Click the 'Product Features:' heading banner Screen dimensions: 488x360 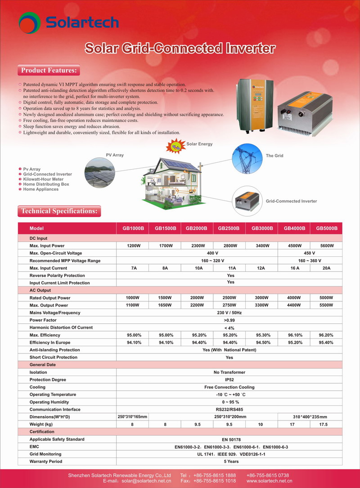(49, 71)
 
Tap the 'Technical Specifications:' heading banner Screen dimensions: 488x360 (59, 211)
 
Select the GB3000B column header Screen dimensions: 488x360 (262, 228)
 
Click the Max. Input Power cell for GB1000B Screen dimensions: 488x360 (132, 246)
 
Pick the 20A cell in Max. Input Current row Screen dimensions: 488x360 (327, 268)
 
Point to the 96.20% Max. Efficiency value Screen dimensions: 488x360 (326, 335)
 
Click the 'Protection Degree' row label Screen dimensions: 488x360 (48, 380)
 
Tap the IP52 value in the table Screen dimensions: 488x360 (229, 380)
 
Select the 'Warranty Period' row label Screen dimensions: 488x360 (46, 461)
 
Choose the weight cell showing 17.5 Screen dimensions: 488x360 (326, 424)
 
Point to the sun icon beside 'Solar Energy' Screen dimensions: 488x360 (176, 147)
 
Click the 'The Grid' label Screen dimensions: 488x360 (274, 156)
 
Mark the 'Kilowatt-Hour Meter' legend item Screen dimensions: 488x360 (43, 179)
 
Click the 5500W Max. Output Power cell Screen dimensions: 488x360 (326, 305)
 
